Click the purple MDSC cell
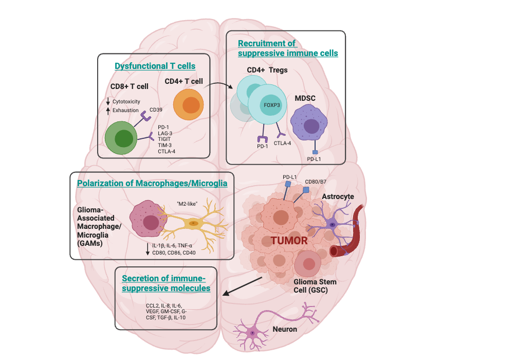point(310,125)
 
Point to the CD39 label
point(156,110)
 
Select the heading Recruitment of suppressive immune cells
point(287,48)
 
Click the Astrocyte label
point(338,196)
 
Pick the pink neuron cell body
point(252,333)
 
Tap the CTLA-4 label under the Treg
point(283,143)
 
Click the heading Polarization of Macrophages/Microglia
point(152,184)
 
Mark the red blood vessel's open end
point(335,251)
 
